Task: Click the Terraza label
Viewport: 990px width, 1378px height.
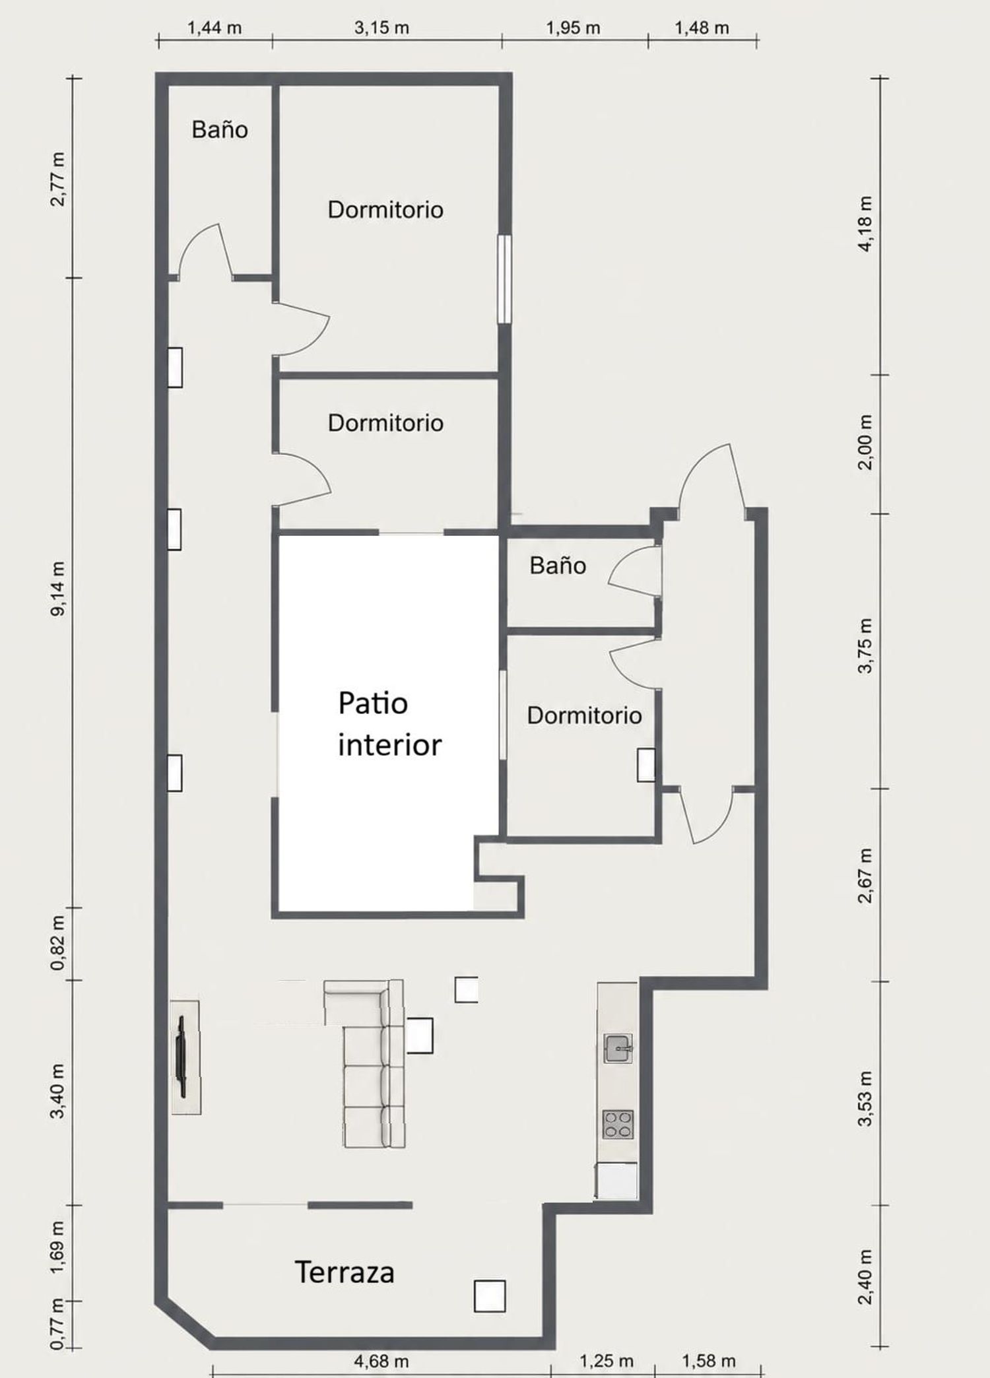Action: coord(345,1272)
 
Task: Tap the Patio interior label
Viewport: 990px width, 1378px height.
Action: coord(389,724)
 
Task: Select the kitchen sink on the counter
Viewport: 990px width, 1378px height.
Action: coord(618,1048)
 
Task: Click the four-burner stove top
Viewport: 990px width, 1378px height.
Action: coord(618,1124)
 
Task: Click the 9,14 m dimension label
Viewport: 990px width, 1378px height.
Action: coord(58,589)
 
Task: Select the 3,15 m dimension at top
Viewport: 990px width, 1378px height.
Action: coord(381,28)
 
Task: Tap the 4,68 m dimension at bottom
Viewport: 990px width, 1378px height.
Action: coord(381,1361)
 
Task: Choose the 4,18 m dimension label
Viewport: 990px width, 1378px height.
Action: coord(865,223)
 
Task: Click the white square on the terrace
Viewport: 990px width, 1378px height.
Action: coord(490,1296)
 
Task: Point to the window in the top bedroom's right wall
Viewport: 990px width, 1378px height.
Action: coord(504,279)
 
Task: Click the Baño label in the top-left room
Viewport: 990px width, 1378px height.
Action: coord(220,129)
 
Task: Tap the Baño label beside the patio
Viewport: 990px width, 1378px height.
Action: coord(558,566)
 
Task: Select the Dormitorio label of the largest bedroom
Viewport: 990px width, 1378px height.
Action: coord(385,210)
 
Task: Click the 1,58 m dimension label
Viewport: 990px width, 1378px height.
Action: coord(708,1361)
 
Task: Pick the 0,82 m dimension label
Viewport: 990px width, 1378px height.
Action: coord(58,943)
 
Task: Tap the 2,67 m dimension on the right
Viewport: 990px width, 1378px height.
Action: coord(865,875)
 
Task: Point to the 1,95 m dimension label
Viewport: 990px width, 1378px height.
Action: coord(573,28)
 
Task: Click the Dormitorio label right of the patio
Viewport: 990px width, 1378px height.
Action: coord(584,715)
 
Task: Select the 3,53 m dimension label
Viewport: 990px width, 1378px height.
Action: coord(865,1098)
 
